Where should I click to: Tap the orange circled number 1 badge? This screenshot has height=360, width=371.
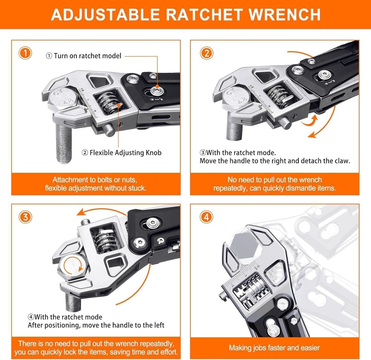tap(25, 53)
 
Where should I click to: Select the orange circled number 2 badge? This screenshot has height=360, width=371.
tap(206, 53)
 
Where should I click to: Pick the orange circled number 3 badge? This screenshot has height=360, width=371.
tap(25, 217)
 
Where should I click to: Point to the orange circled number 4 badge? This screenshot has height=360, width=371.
tap(206, 217)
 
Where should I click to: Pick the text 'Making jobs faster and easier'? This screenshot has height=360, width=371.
tap(274, 348)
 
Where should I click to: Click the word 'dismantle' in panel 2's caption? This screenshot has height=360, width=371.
tap(301, 188)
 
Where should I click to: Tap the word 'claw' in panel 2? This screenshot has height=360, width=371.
tap(342, 161)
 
